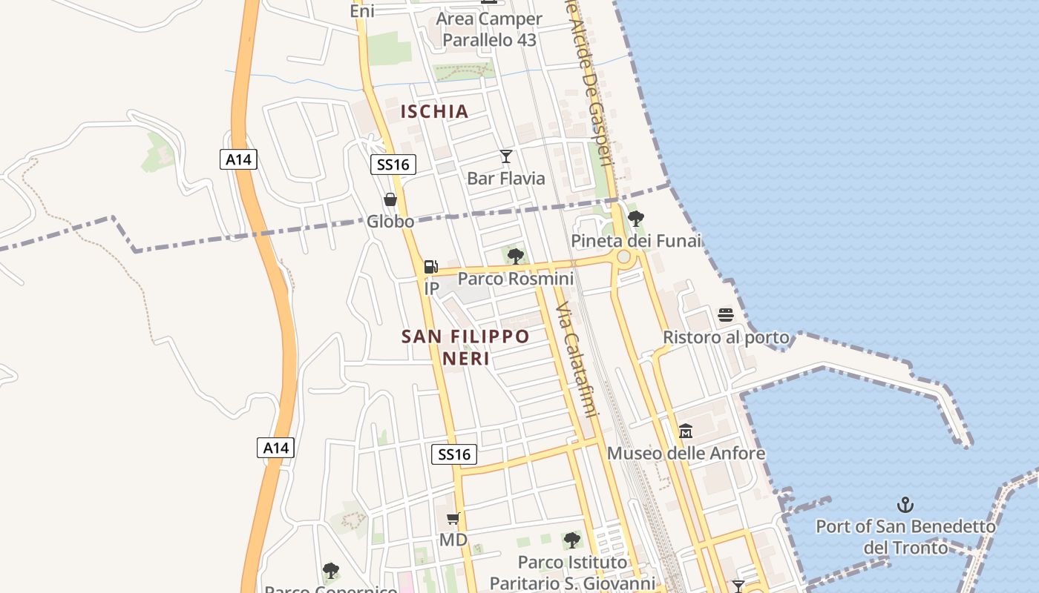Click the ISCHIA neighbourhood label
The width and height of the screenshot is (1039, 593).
coord(435,112)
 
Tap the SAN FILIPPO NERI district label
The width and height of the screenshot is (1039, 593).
coord(466,347)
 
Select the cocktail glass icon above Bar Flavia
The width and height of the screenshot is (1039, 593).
coord(506,156)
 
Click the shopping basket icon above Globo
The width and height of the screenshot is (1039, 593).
coord(390,199)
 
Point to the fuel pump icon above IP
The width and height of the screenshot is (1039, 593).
coord(430,267)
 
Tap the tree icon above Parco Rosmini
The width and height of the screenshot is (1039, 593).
coord(515,256)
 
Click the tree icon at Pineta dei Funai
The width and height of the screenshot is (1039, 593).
coord(635,219)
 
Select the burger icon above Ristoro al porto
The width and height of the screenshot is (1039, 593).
coord(726,316)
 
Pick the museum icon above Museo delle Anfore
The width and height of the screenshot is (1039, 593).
coord(686,431)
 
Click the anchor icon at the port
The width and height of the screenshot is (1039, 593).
coord(905,505)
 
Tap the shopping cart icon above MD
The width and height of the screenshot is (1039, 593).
coord(453,518)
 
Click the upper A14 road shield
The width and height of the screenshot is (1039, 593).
coord(238,159)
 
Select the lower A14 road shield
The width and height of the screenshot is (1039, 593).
coord(275,448)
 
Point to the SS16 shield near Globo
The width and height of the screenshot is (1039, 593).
coord(393,165)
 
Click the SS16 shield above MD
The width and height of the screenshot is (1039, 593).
coord(454,454)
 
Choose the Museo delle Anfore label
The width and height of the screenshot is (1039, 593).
coord(686,453)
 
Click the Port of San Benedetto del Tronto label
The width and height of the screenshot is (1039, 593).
coord(905,537)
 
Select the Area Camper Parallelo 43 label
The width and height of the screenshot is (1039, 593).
coord(490,30)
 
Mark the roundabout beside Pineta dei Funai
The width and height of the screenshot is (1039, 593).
coord(624,257)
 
